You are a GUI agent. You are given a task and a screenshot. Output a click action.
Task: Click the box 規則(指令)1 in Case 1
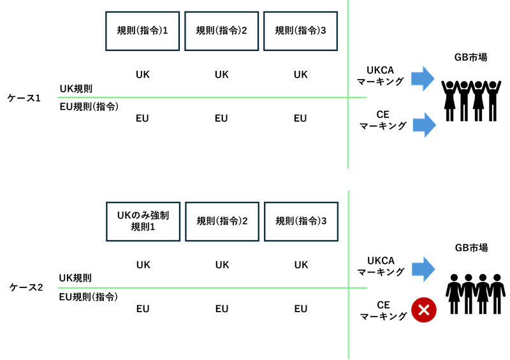pyautogui.click(x=142, y=31)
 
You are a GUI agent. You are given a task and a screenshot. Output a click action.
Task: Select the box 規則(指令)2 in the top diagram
pyautogui.click(x=221, y=31)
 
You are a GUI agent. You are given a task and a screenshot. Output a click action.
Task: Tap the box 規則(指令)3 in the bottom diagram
pyautogui.click(x=301, y=222)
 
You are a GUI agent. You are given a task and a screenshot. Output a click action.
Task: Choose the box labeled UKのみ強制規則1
pyautogui.click(x=143, y=222)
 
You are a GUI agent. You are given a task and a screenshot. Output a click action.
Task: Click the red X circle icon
pyautogui.click(x=424, y=310)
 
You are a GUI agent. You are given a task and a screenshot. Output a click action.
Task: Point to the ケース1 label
pyautogui.click(x=24, y=98)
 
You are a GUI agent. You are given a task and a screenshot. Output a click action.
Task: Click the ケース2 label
pyautogui.click(x=26, y=287)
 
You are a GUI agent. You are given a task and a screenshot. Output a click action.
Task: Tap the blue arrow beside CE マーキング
pyautogui.click(x=425, y=125)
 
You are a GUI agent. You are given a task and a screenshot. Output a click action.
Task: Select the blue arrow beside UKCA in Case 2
pyautogui.click(x=423, y=270)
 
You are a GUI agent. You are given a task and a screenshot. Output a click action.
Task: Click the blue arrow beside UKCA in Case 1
pyautogui.click(x=423, y=79)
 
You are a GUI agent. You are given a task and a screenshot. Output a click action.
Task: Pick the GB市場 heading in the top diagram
pyautogui.click(x=470, y=57)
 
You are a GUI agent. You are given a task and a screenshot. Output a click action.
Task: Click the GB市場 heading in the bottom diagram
pyautogui.click(x=471, y=248)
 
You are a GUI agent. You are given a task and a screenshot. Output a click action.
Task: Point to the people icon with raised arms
pyautogui.click(x=471, y=101)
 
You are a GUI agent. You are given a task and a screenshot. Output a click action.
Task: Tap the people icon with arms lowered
pyautogui.click(x=476, y=294)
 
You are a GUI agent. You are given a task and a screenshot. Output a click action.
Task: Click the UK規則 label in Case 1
pyautogui.click(x=76, y=89)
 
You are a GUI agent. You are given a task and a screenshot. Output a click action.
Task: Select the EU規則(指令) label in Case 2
pyautogui.click(x=89, y=296)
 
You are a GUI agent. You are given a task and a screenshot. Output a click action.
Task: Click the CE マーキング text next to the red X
pyautogui.click(x=384, y=310)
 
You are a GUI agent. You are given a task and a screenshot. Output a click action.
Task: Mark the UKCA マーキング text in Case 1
pyautogui.click(x=380, y=76)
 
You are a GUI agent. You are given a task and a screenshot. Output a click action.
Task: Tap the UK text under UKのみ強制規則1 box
pyautogui.click(x=143, y=265)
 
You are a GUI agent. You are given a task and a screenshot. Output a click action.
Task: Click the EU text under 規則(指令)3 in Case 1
pyautogui.click(x=300, y=119)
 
